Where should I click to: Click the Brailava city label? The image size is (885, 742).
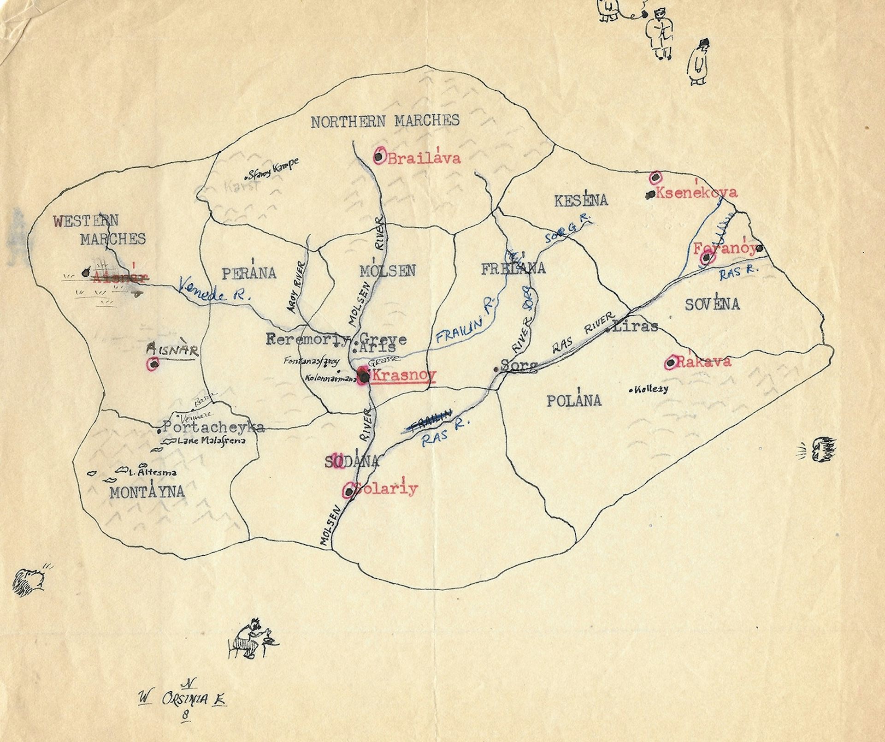(x=424, y=159)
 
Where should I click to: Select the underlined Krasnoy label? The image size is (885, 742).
(x=403, y=375)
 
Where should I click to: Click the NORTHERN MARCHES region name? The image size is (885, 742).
(x=385, y=121)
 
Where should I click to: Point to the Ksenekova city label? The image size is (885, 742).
(x=696, y=193)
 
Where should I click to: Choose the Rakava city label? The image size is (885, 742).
(x=703, y=362)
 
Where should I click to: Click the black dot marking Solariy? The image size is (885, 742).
(x=349, y=492)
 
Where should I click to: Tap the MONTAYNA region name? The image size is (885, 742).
(x=147, y=493)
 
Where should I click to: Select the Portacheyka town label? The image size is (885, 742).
(x=214, y=427)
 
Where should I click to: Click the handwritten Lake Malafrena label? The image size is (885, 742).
(x=211, y=440)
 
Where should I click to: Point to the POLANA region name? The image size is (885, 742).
(x=574, y=401)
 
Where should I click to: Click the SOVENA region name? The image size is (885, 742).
(x=712, y=305)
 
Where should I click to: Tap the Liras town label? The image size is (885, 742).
(x=637, y=326)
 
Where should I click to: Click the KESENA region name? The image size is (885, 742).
(x=581, y=201)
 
